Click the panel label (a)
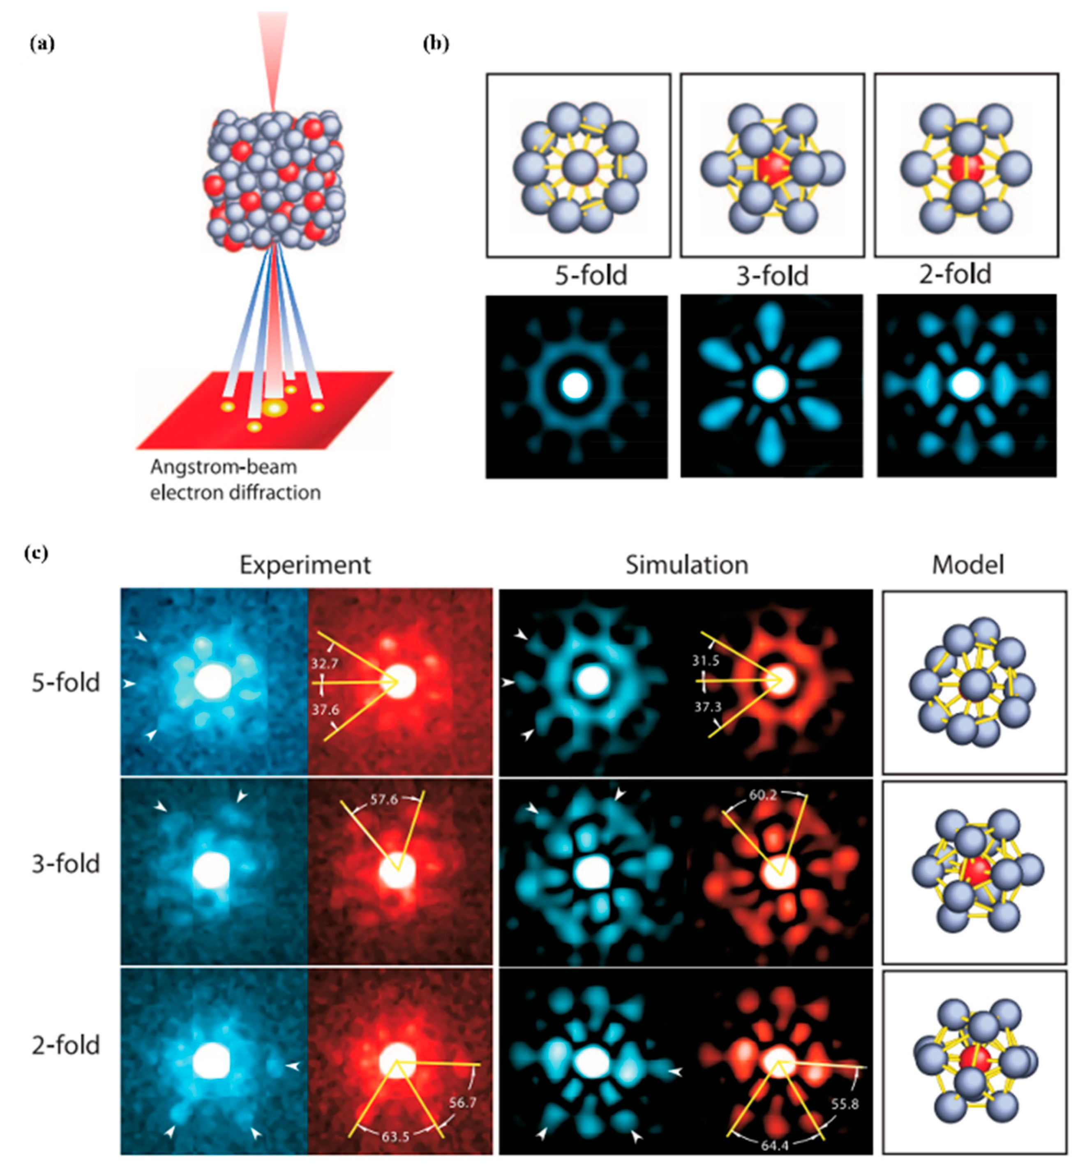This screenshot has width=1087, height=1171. [42, 44]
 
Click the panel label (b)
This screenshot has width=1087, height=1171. [436, 44]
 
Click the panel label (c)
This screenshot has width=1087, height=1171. [37, 553]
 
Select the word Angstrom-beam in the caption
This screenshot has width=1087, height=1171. [224, 467]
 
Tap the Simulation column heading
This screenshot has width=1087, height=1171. [686, 565]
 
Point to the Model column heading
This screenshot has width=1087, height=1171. [967, 565]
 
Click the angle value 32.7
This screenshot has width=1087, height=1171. [325, 664]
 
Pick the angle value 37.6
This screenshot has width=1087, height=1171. [325, 710]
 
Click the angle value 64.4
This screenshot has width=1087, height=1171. [774, 1145]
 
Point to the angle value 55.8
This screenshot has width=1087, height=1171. [845, 1104]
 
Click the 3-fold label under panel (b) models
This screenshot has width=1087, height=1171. [772, 276]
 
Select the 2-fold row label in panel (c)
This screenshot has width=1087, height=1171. [66, 1046]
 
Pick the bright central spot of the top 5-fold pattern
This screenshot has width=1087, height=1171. [575, 386]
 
